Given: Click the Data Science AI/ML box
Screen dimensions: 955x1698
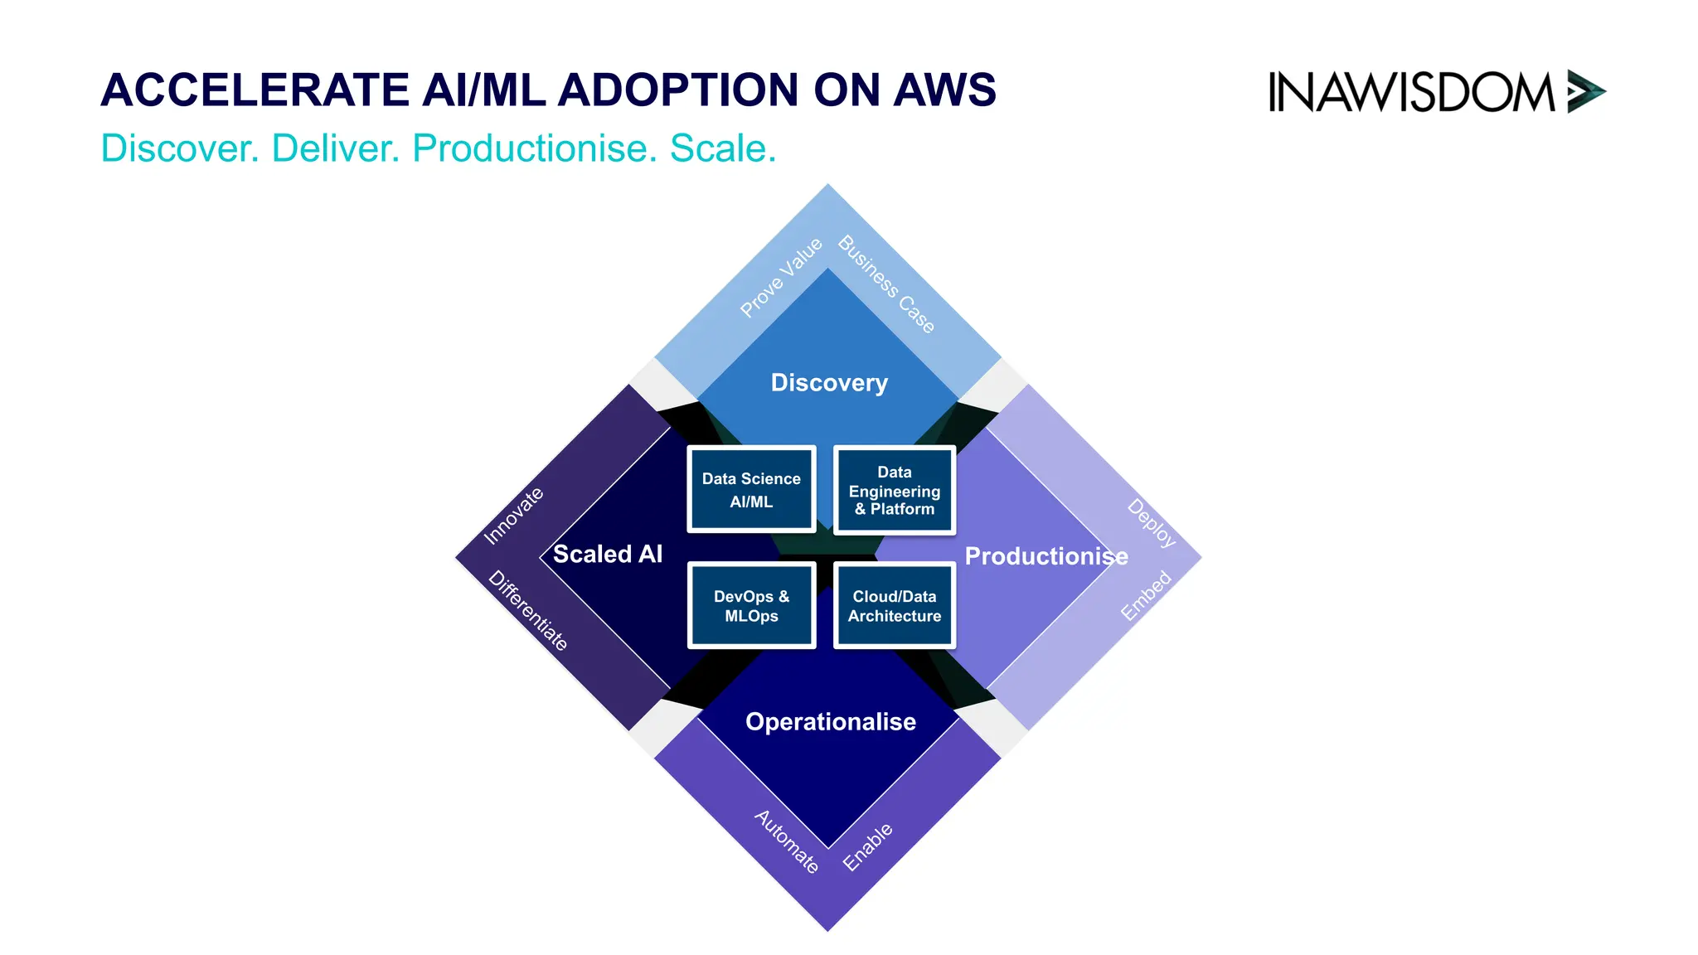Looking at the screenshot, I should tap(751, 489).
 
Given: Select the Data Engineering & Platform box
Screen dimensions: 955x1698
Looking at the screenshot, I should tap(895, 490).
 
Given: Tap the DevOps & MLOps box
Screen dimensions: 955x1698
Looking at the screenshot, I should tap(751, 606).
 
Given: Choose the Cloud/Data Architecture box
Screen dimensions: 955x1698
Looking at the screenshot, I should tap(895, 606).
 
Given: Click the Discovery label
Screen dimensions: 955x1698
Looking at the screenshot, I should tap(829, 382).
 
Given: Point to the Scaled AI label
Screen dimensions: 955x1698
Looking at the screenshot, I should tap(608, 554).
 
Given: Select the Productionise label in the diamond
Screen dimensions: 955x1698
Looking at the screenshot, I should tap(1046, 556).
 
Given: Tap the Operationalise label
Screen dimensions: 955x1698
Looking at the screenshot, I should tap(830, 722).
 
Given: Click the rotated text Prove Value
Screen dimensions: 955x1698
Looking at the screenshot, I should tap(781, 277).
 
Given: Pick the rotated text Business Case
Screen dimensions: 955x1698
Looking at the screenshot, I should tap(886, 284).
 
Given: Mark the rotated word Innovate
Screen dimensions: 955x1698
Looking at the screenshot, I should tap(513, 516).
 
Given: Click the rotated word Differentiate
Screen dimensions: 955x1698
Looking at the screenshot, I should tap(528, 611).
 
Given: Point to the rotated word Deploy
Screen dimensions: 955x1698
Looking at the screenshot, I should tap(1152, 523).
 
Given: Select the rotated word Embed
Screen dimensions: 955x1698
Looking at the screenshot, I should tap(1146, 595).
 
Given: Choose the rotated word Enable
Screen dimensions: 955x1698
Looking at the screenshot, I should tap(867, 847).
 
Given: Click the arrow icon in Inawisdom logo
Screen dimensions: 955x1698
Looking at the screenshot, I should tap(1585, 91).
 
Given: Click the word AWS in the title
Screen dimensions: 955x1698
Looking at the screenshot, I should tap(944, 90).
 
